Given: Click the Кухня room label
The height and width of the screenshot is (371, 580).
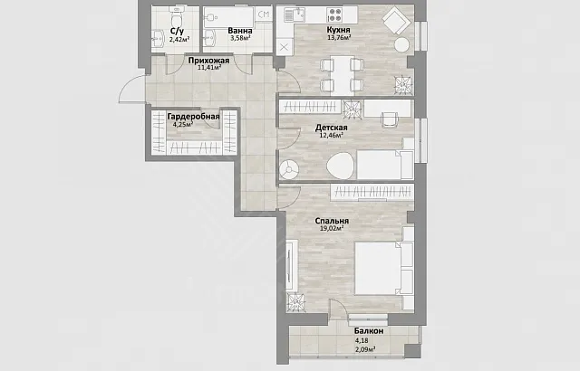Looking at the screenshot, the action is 338,30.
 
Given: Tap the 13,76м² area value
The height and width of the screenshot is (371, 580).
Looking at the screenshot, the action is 339,37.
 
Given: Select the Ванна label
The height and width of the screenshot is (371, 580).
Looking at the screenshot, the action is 240,31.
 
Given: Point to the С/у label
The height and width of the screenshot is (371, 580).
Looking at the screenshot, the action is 178,31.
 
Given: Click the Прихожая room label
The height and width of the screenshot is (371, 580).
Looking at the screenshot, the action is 209,60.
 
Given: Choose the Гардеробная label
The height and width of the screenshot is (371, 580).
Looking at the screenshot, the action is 193,117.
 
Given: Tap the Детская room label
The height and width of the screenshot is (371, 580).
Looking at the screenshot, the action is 331,128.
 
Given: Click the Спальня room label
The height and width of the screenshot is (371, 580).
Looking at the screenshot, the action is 332,221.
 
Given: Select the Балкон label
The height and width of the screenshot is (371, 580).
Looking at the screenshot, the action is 369,331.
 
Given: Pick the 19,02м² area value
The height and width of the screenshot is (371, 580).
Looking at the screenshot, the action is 332,228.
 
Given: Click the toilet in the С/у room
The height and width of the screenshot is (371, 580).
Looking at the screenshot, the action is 176,15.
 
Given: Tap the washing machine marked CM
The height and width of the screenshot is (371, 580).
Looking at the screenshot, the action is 264,14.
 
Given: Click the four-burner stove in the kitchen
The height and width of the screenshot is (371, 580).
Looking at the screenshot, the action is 335,14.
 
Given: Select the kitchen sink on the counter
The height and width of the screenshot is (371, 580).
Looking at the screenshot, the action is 295,14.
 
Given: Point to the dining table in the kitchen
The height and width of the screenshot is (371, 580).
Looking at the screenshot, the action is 343,75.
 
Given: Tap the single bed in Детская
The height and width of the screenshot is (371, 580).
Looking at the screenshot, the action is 384,165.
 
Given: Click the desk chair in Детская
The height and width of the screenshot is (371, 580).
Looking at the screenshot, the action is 389,119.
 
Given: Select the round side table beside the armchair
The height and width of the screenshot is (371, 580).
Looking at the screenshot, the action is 401,45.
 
